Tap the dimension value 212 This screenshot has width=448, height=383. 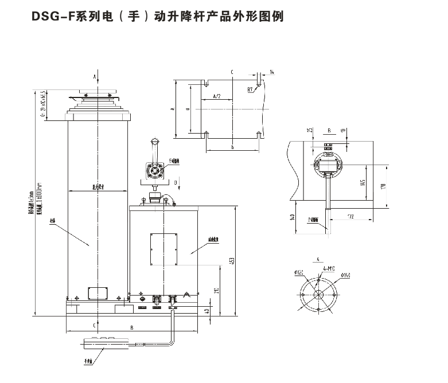point(215,291)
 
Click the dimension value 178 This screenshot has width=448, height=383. point(382,185)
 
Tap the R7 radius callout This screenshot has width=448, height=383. point(251,89)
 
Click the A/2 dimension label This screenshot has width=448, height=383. point(217,96)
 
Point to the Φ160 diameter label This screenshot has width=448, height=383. point(345,276)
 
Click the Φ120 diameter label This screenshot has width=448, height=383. point(298,272)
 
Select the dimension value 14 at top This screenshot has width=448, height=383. point(271,72)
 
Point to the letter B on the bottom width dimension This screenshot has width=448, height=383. point(133,327)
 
